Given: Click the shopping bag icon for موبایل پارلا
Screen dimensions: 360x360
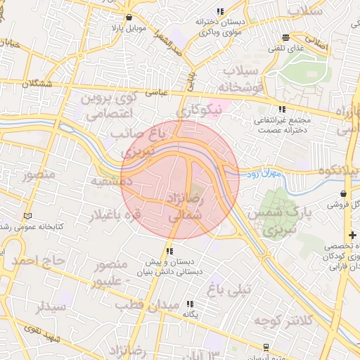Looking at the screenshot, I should (128, 17).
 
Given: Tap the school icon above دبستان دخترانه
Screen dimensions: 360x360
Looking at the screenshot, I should (220, 11).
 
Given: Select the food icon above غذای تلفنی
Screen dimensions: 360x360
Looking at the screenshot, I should (285, 38).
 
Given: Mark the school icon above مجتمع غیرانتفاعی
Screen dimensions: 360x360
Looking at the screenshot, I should (282, 109).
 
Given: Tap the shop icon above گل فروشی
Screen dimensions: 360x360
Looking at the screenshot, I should (343, 193).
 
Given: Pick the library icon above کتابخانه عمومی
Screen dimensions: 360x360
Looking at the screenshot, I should (27, 214).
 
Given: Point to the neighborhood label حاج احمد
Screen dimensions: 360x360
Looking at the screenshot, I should (33, 261).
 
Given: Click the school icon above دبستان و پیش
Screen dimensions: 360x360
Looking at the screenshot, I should (169, 251).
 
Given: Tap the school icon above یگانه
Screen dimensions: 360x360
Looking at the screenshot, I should (190, 304).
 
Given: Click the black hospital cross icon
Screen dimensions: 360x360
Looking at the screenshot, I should (352, 233).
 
